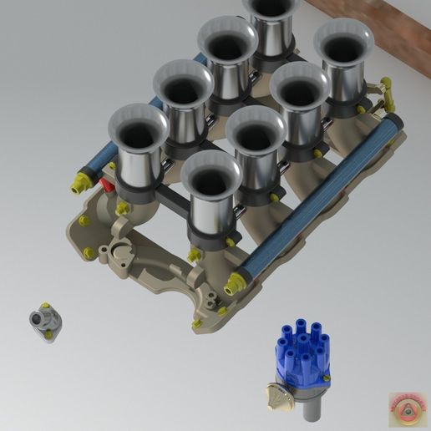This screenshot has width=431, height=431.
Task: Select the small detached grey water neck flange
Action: [x=43, y=322]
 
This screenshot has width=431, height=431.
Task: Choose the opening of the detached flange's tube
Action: [x=35, y=318]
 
